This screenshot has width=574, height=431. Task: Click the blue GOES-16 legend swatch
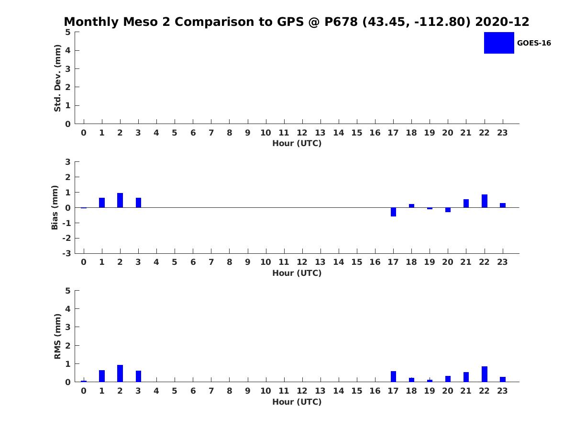coord(499,43)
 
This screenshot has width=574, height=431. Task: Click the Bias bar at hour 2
coord(120,200)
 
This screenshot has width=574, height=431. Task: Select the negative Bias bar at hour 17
coord(393,212)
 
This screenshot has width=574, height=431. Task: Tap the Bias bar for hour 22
coord(484,201)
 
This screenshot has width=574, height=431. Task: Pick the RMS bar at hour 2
coord(120,374)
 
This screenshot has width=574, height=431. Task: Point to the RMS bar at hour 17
coord(393,376)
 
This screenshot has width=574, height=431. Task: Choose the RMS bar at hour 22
coord(484,374)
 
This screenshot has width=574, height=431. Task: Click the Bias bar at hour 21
coord(466,204)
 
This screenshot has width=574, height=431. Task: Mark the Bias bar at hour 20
coord(448,210)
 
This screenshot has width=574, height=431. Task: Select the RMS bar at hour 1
coord(102,376)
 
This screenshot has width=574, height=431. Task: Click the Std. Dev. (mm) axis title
coord(57,78)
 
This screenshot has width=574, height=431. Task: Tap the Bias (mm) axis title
coord(55,207)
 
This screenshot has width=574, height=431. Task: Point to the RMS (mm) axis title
coord(57,336)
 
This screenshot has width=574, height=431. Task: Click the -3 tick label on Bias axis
coord(66,253)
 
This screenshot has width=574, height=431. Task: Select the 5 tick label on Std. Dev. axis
coord(68,32)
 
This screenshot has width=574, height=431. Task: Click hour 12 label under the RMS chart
coord(302,391)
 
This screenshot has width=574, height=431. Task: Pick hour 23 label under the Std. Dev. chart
coord(502,133)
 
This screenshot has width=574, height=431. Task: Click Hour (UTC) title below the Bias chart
coord(297,273)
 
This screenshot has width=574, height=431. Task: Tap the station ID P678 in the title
coord(341,22)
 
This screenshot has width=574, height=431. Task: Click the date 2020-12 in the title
coord(502,22)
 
